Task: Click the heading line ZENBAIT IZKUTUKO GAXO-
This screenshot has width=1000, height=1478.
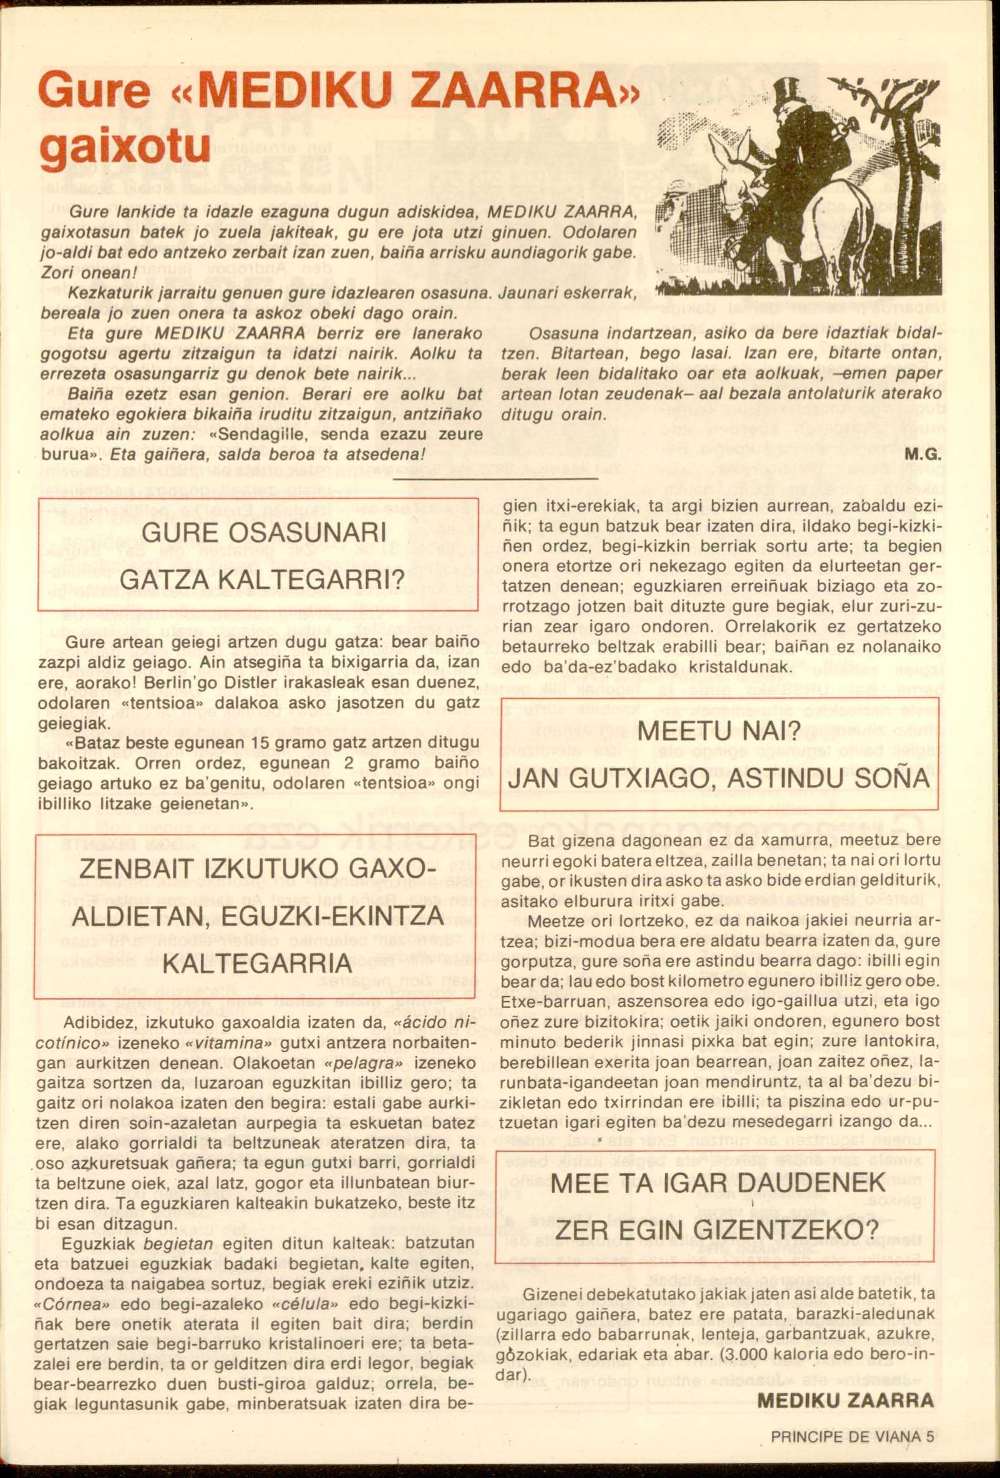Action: (258, 871)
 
